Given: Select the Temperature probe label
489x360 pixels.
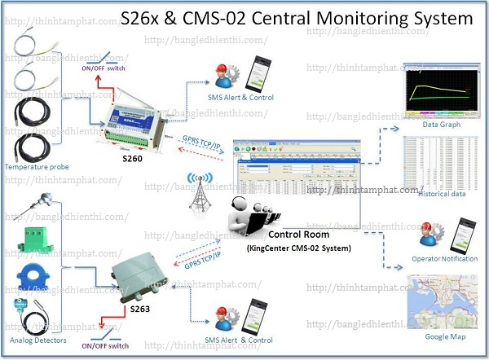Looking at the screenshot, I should pyautogui.click(x=37, y=167).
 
